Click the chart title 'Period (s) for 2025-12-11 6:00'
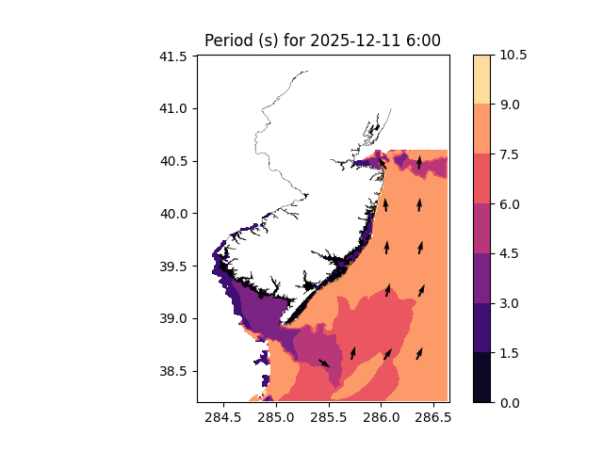pyautogui.click(x=322, y=40)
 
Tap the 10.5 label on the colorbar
pyautogui.click(x=514, y=56)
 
